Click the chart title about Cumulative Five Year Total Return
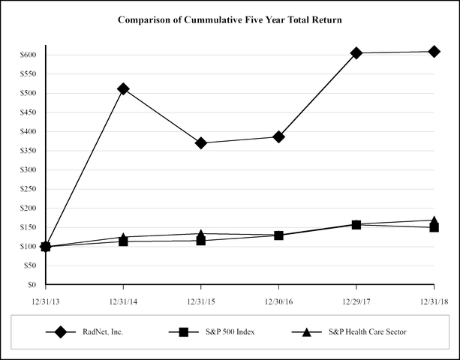(230, 19)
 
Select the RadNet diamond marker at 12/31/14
(123, 88)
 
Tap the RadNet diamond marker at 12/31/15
(201, 142)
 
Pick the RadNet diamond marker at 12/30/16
(278, 136)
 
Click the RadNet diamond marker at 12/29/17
(356, 52)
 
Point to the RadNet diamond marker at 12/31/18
(434, 51)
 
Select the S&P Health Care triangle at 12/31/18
(434, 220)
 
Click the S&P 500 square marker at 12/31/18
(434, 226)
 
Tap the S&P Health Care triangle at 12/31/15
(201, 234)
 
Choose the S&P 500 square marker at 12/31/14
(123, 241)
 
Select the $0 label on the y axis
(31, 285)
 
